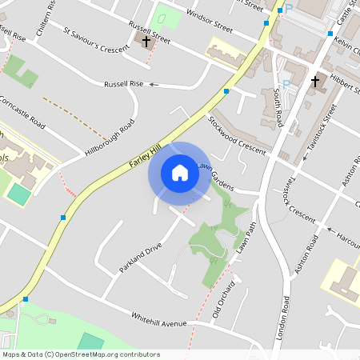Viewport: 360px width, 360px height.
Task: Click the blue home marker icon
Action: coord(179,173)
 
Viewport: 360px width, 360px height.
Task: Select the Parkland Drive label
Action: coord(141,254)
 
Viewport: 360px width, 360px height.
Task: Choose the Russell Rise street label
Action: coord(124,84)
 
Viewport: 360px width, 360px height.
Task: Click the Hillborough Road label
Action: coord(110,138)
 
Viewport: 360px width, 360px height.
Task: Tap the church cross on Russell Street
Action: coord(146,42)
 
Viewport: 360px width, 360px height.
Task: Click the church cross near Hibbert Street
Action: coord(315,81)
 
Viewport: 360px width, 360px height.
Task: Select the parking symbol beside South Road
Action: coord(286,83)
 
